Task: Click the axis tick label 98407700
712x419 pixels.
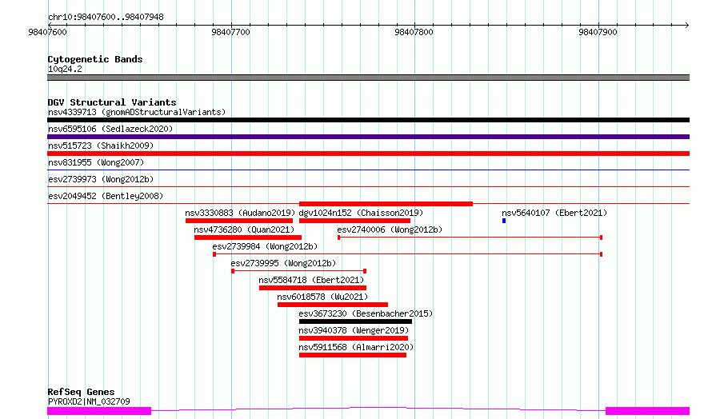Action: point(230,32)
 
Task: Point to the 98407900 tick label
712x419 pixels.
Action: point(598,32)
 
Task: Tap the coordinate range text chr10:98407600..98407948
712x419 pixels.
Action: point(106,18)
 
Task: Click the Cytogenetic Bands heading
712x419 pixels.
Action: point(95,59)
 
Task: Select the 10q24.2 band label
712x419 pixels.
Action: point(65,69)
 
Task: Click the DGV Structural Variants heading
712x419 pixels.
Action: point(112,102)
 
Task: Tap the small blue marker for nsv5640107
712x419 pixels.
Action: point(504,221)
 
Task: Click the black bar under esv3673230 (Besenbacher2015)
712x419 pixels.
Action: point(355,321)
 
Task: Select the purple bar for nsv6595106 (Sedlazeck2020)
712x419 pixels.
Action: point(368,137)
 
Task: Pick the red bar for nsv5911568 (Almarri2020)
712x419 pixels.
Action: point(353,355)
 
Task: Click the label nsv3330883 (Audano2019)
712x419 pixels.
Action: point(240,213)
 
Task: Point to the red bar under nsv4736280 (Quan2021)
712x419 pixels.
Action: point(248,237)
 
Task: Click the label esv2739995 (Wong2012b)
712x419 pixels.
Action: point(283,263)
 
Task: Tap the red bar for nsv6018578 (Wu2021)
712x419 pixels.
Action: point(333,305)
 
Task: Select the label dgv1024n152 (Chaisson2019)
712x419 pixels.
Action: point(361,213)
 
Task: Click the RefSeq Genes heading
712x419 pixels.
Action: point(82,392)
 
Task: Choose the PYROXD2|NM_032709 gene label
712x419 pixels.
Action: point(89,401)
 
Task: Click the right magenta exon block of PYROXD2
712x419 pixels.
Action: point(647,411)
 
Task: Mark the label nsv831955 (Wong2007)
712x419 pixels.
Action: point(96,162)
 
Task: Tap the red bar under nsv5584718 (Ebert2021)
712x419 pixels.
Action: point(313,288)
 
